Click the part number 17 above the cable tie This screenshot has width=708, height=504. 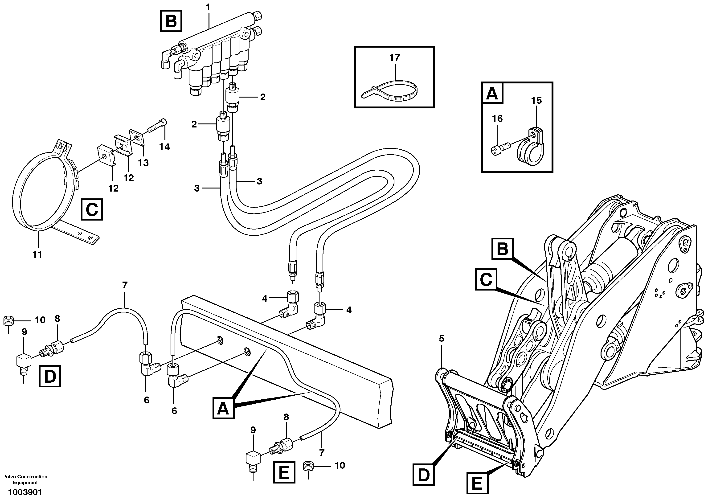tap(395, 58)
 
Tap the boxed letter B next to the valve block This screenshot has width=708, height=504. tap(171, 21)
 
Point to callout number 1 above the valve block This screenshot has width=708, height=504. tap(208, 7)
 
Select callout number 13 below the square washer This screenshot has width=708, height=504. tap(143, 163)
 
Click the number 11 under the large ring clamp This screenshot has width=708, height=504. tap(37, 254)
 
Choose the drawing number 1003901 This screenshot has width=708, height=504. tap(25, 492)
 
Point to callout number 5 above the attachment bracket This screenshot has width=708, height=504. tap(442, 339)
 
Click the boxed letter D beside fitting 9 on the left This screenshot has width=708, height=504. tap(50, 377)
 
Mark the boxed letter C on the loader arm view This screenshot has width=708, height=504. tap(486, 280)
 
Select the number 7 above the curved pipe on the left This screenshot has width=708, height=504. tap(125, 285)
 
